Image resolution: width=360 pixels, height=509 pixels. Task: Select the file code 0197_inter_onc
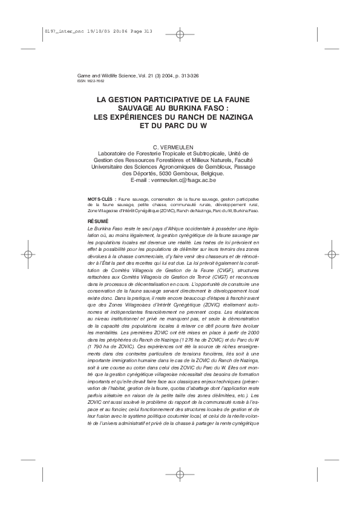coord(63,31)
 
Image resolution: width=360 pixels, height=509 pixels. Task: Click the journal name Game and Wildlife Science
coord(111,74)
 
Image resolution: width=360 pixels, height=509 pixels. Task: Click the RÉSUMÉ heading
coord(98,222)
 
